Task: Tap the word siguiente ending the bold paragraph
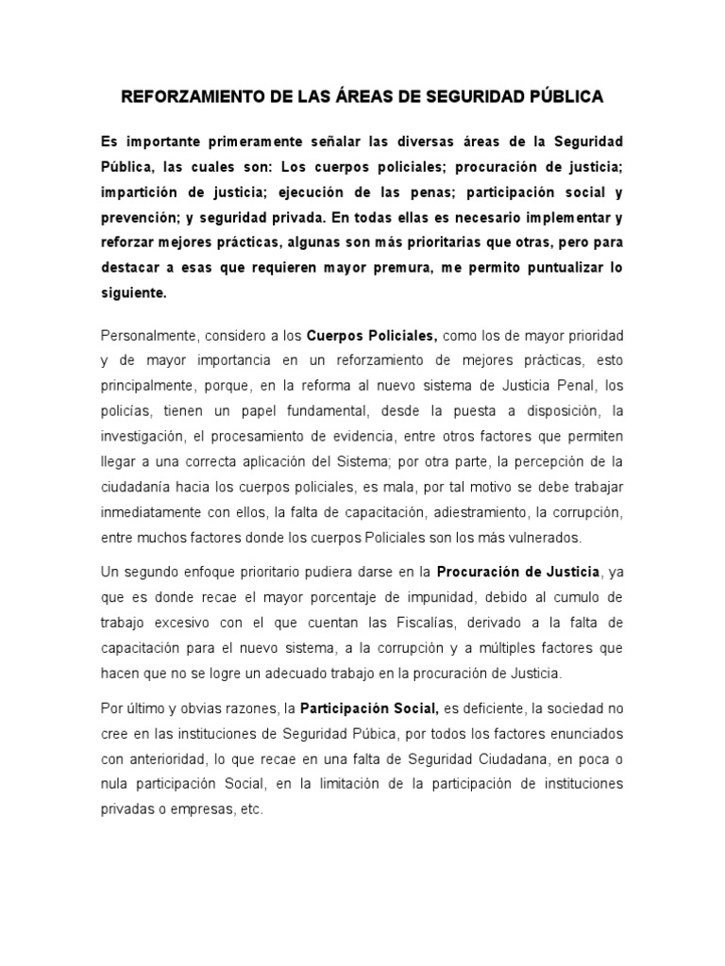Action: point(135,293)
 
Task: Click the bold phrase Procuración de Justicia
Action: point(517,573)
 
